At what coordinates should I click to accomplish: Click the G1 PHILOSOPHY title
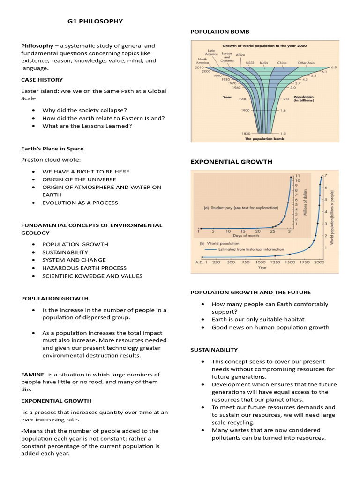[x=96, y=21]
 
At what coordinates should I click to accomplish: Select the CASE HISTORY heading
[x=42, y=80]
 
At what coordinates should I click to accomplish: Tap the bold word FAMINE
[x=33, y=374]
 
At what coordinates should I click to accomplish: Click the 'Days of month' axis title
[x=247, y=236]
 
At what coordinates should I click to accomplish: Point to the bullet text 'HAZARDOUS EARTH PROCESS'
[x=84, y=268]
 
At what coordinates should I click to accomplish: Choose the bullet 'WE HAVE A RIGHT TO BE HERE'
[x=86, y=172]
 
